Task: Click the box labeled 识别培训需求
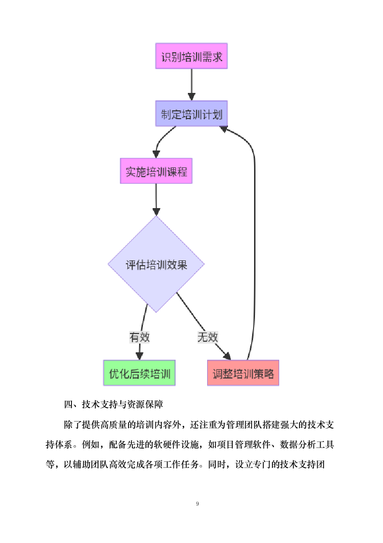click(x=191, y=56)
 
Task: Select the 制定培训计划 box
click(x=191, y=114)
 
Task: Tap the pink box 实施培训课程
click(x=156, y=171)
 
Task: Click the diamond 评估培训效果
click(x=156, y=264)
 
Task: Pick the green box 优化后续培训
click(x=139, y=373)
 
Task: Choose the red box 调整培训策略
click(x=243, y=373)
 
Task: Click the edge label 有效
click(x=139, y=337)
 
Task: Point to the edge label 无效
click(x=207, y=337)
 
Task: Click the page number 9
click(x=198, y=504)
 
